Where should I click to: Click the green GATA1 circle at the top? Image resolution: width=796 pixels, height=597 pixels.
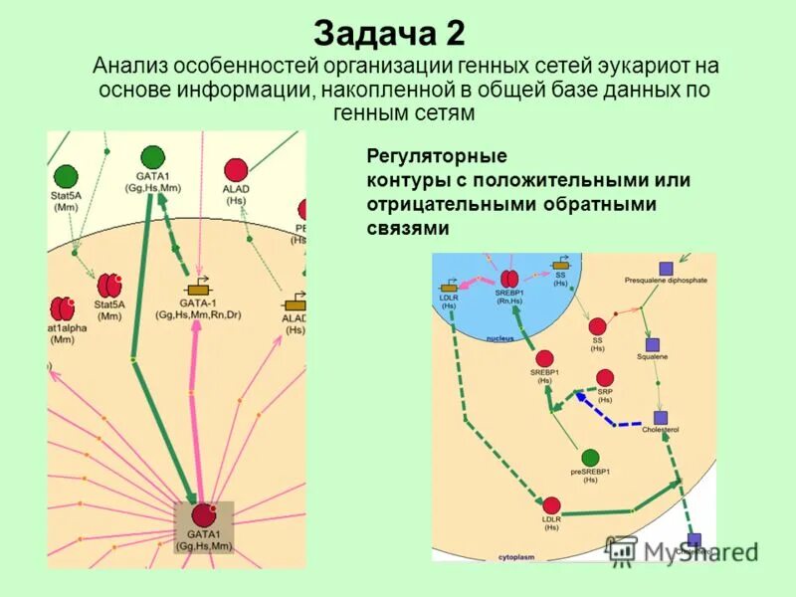[152, 157]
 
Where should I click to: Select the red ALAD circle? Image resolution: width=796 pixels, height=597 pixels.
[236, 169]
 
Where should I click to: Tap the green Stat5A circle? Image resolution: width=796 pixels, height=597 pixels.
[66, 177]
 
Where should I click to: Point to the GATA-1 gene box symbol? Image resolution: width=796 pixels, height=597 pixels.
[198, 289]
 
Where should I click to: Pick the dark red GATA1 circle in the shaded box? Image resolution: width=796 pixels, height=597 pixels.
[203, 514]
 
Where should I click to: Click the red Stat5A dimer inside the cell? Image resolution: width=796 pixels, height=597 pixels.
[108, 286]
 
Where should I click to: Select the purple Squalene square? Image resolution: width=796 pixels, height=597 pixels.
[653, 343]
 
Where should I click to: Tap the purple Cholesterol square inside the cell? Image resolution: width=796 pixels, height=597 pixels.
[659, 417]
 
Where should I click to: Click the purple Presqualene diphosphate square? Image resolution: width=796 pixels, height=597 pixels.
[666, 268]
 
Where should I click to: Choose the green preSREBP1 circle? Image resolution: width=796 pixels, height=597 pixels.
[590, 457]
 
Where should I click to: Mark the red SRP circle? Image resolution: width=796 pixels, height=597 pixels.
[604, 377]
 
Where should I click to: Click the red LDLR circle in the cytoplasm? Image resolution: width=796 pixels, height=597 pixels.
[551, 505]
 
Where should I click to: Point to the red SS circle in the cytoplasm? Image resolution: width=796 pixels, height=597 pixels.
[597, 326]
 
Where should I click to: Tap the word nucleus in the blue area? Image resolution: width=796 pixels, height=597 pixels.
[499, 339]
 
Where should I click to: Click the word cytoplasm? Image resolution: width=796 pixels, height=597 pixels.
[516, 557]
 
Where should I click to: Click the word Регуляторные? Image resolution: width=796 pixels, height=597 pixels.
[437, 156]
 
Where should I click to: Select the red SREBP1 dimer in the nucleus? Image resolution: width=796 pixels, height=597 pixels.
[508, 279]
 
